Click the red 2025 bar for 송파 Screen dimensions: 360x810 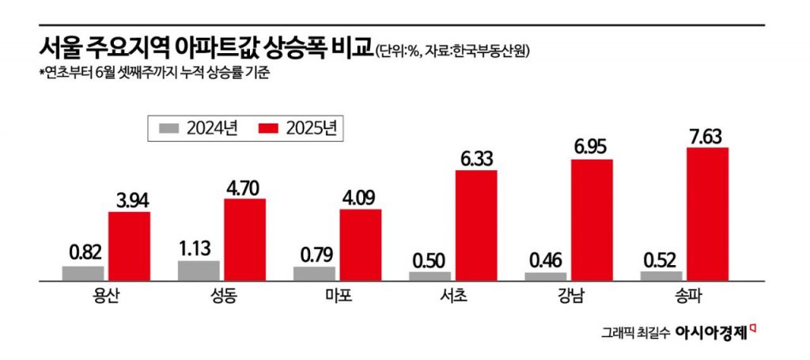pos(707,214)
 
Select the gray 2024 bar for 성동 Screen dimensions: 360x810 pos(199,270)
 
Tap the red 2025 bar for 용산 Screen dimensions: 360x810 pos(129,246)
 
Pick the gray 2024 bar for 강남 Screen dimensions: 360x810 pos(546,276)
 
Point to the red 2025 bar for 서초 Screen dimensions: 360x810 pos(476,225)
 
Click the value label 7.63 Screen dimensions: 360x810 pos(707,135)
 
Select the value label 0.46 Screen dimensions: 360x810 pos(546,259)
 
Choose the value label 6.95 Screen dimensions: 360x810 pos(592,147)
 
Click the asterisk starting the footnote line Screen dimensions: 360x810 pos(40,73)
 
